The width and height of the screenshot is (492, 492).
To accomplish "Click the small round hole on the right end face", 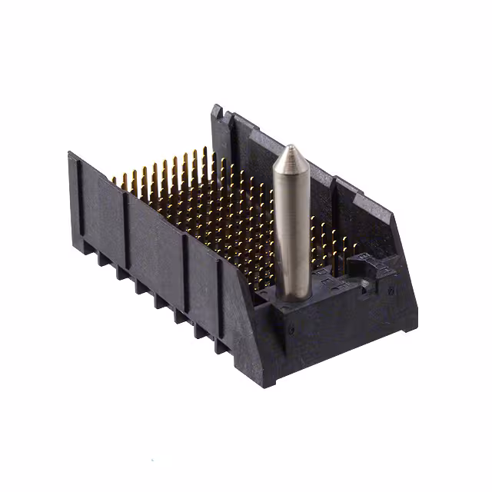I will click(x=392, y=290).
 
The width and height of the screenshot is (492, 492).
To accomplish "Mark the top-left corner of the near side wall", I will click(x=71, y=154).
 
